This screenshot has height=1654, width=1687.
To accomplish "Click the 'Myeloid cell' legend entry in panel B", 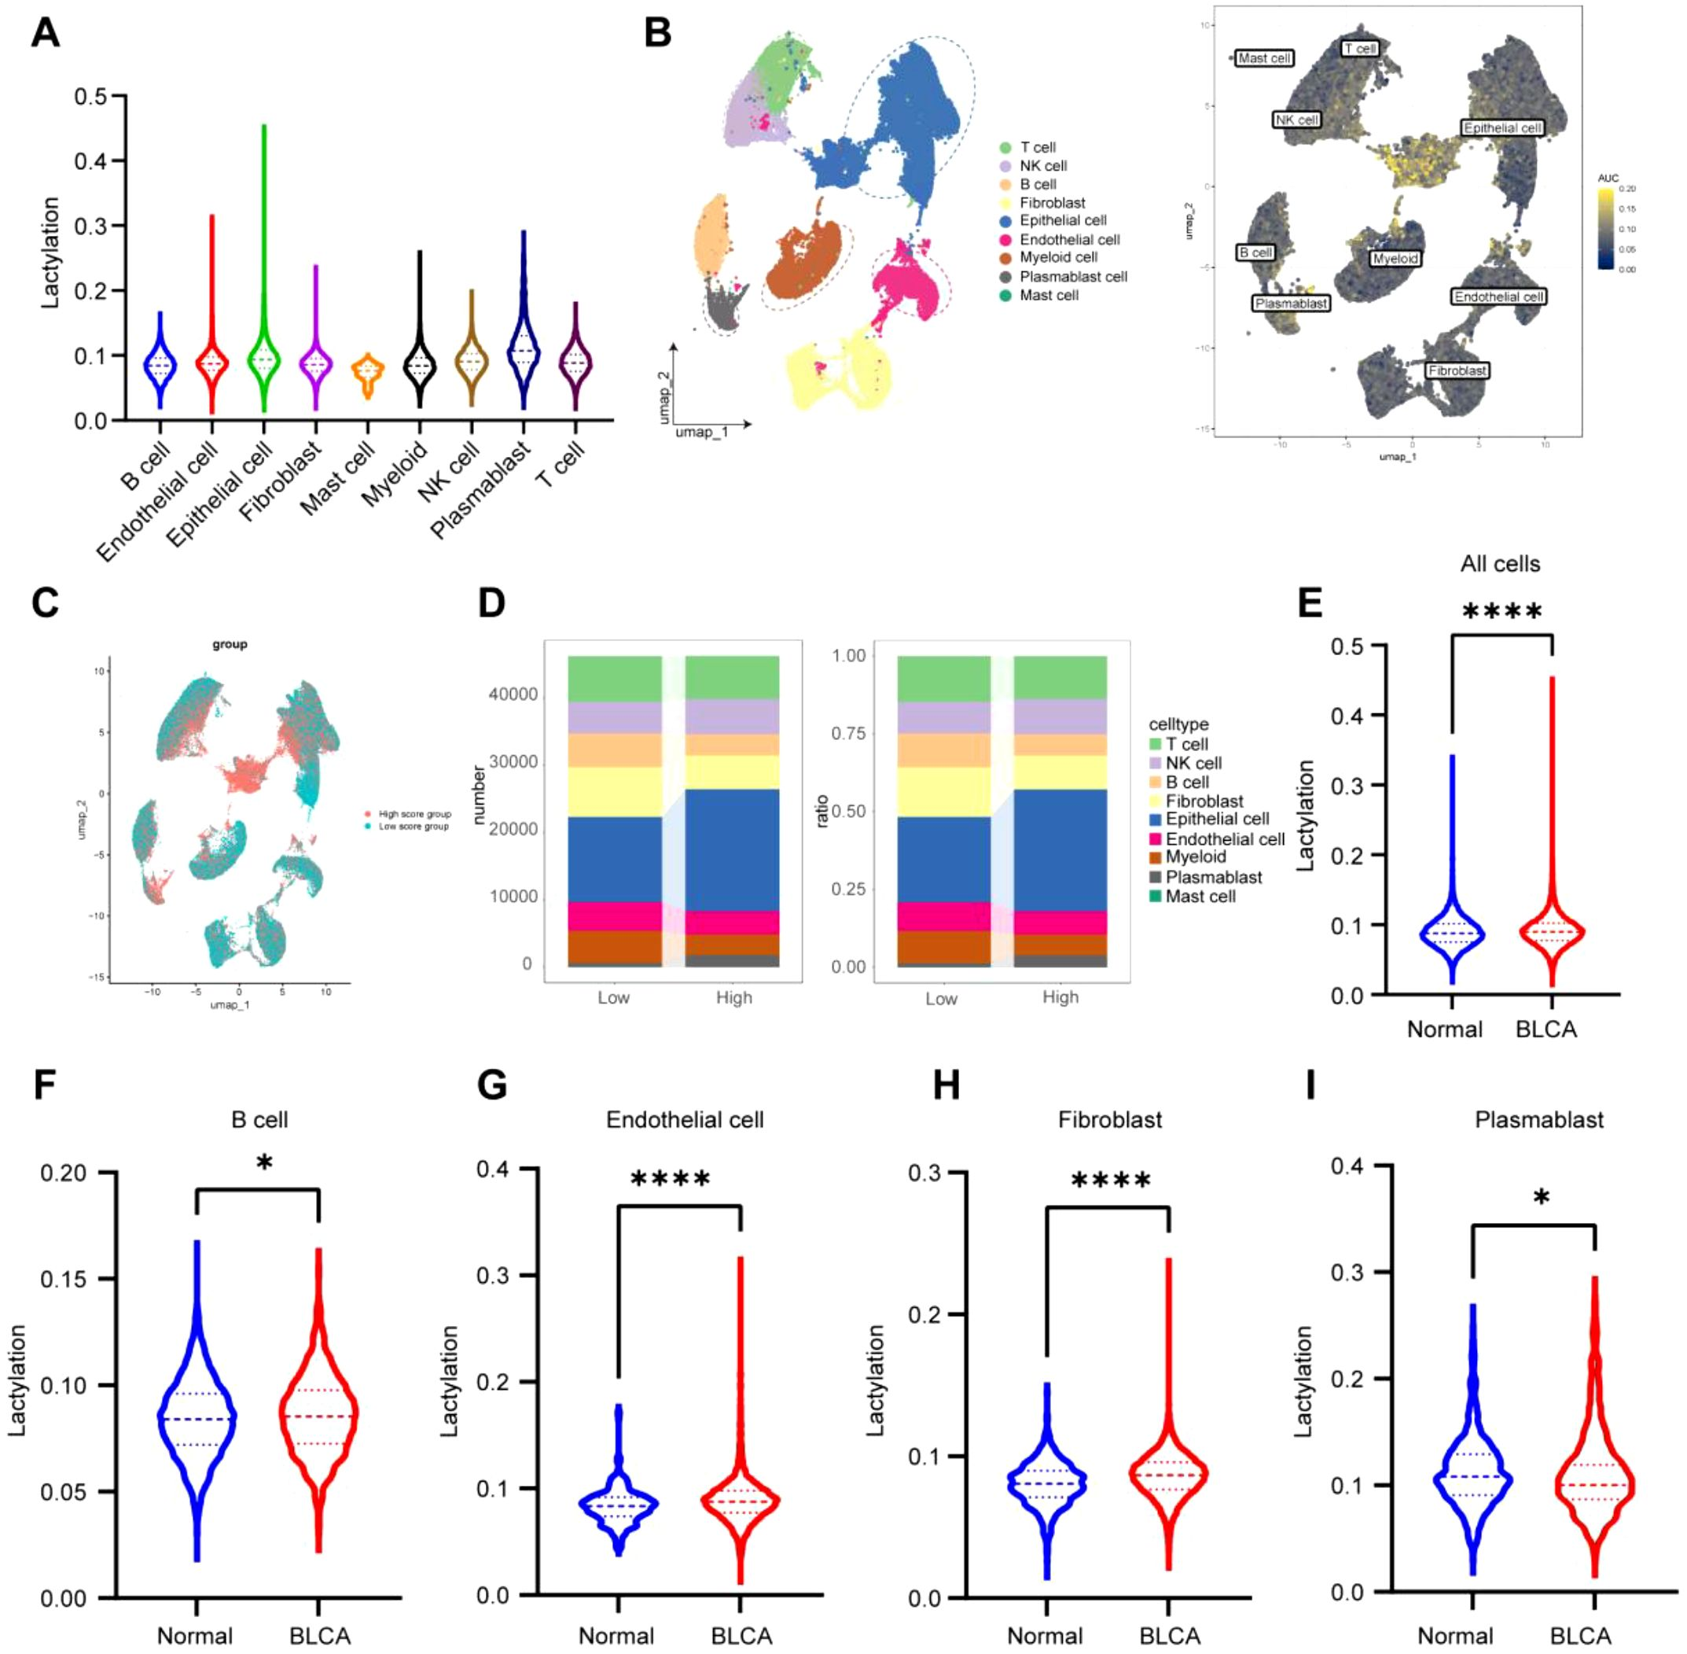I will pos(1057,257).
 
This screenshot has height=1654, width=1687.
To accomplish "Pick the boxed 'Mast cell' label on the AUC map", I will pos(1264,58).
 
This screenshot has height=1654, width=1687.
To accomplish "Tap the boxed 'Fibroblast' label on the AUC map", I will pos(1457,370).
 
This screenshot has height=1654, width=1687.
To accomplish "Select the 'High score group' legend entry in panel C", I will pos(414,814).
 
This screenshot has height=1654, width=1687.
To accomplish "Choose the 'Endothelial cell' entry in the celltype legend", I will pos(1224,839).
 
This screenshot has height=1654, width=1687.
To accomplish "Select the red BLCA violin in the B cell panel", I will pos(318,1416).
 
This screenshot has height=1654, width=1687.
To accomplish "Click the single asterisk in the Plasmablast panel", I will pos(1541,1199).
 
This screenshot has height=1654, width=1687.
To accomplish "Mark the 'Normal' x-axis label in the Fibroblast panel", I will pos(1045,1636).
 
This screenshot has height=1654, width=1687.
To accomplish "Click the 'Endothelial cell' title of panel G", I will pos(684,1120).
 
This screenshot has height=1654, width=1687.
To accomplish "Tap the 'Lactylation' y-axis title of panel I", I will pos(1303,1381).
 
